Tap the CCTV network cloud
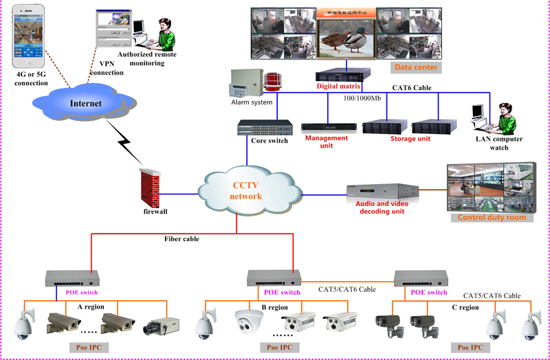[x=246, y=190]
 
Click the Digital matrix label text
[x=343, y=87]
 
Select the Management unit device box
[x=327, y=128]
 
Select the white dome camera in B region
[x=248, y=323]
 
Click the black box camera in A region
[x=160, y=326]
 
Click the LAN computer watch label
[x=499, y=144]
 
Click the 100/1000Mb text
[x=362, y=98]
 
